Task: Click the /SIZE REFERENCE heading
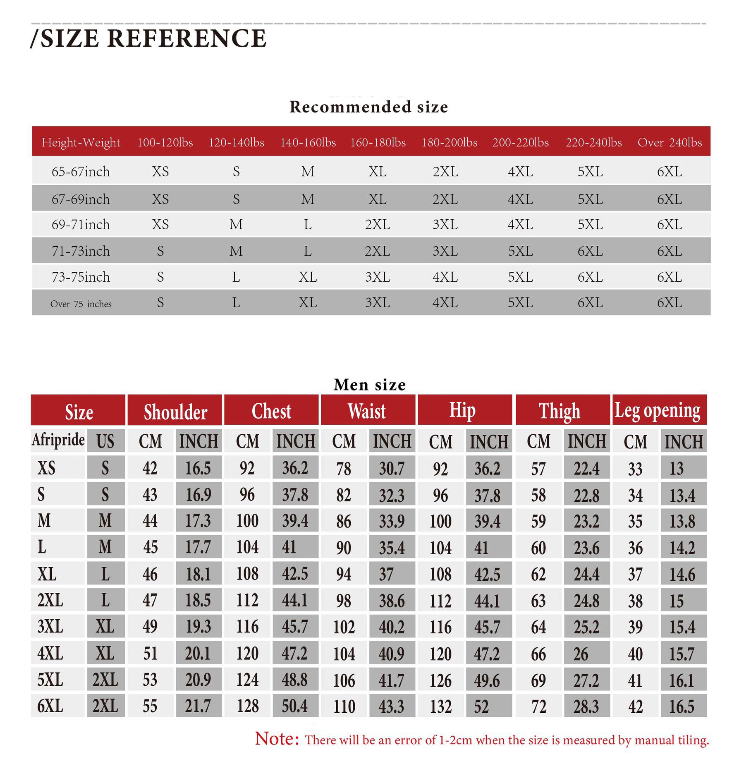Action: pyautogui.click(x=149, y=38)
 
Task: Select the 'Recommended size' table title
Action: pyautogui.click(x=368, y=107)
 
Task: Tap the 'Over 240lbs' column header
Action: pyautogui.click(x=670, y=142)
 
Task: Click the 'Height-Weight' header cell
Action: pyautogui.click(x=81, y=142)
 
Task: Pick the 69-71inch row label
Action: pyautogui.click(x=81, y=225)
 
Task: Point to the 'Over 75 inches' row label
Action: pyautogui.click(x=81, y=304)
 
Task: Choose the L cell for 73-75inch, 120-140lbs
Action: pyautogui.click(x=236, y=277)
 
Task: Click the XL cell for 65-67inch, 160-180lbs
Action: pyautogui.click(x=378, y=172)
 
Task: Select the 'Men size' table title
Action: pyautogui.click(x=369, y=385)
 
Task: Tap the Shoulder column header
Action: pyautogui.click(x=175, y=412)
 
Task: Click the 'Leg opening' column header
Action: pyautogui.click(x=658, y=410)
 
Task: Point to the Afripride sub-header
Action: pyautogui.click(x=58, y=440)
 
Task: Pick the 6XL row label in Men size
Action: pyautogui.click(x=50, y=706)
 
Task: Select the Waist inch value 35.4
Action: pyautogui.click(x=392, y=548)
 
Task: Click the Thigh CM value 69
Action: pyautogui.click(x=538, y=680)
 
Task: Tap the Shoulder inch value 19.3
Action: pyautogui.click(x=198, y=627)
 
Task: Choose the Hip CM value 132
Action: pyautogui.click(x=440, y=706)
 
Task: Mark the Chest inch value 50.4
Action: pyautogui.click(x=294, y=706)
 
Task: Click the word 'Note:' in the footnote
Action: pyautogui.click(x=277, y=739)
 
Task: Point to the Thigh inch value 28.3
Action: pyautogui.click(x=586, y=706)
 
